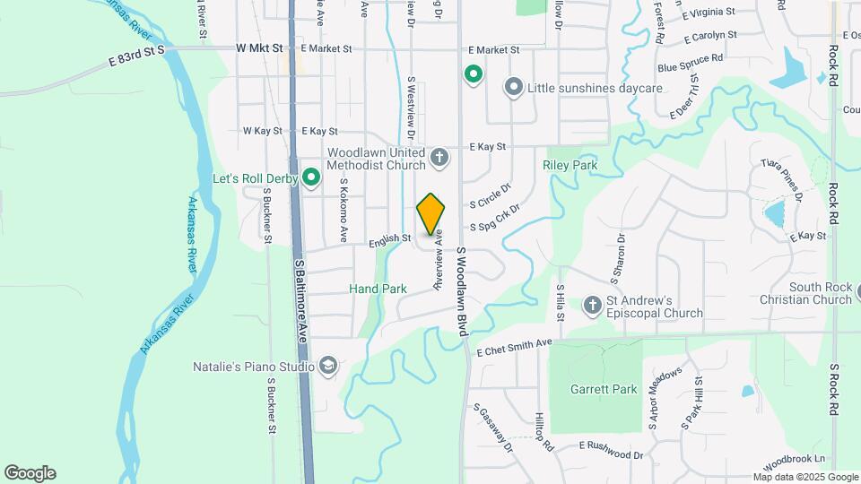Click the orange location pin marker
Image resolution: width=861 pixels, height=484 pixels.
coord(431,213)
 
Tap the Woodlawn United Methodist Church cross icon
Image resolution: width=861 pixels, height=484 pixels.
coord(439,159)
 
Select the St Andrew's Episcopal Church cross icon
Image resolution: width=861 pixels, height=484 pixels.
coord(592,307)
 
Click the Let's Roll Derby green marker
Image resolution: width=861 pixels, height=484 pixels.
coord(311,178)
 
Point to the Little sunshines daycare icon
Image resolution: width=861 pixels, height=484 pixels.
coord(514,88)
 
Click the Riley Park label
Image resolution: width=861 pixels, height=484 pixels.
coord(570,166)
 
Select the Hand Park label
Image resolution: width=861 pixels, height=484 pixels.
coord(378,289)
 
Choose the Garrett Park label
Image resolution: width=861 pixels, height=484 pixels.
coord(604,389)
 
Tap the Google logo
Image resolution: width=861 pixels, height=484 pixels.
coord(30,472)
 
